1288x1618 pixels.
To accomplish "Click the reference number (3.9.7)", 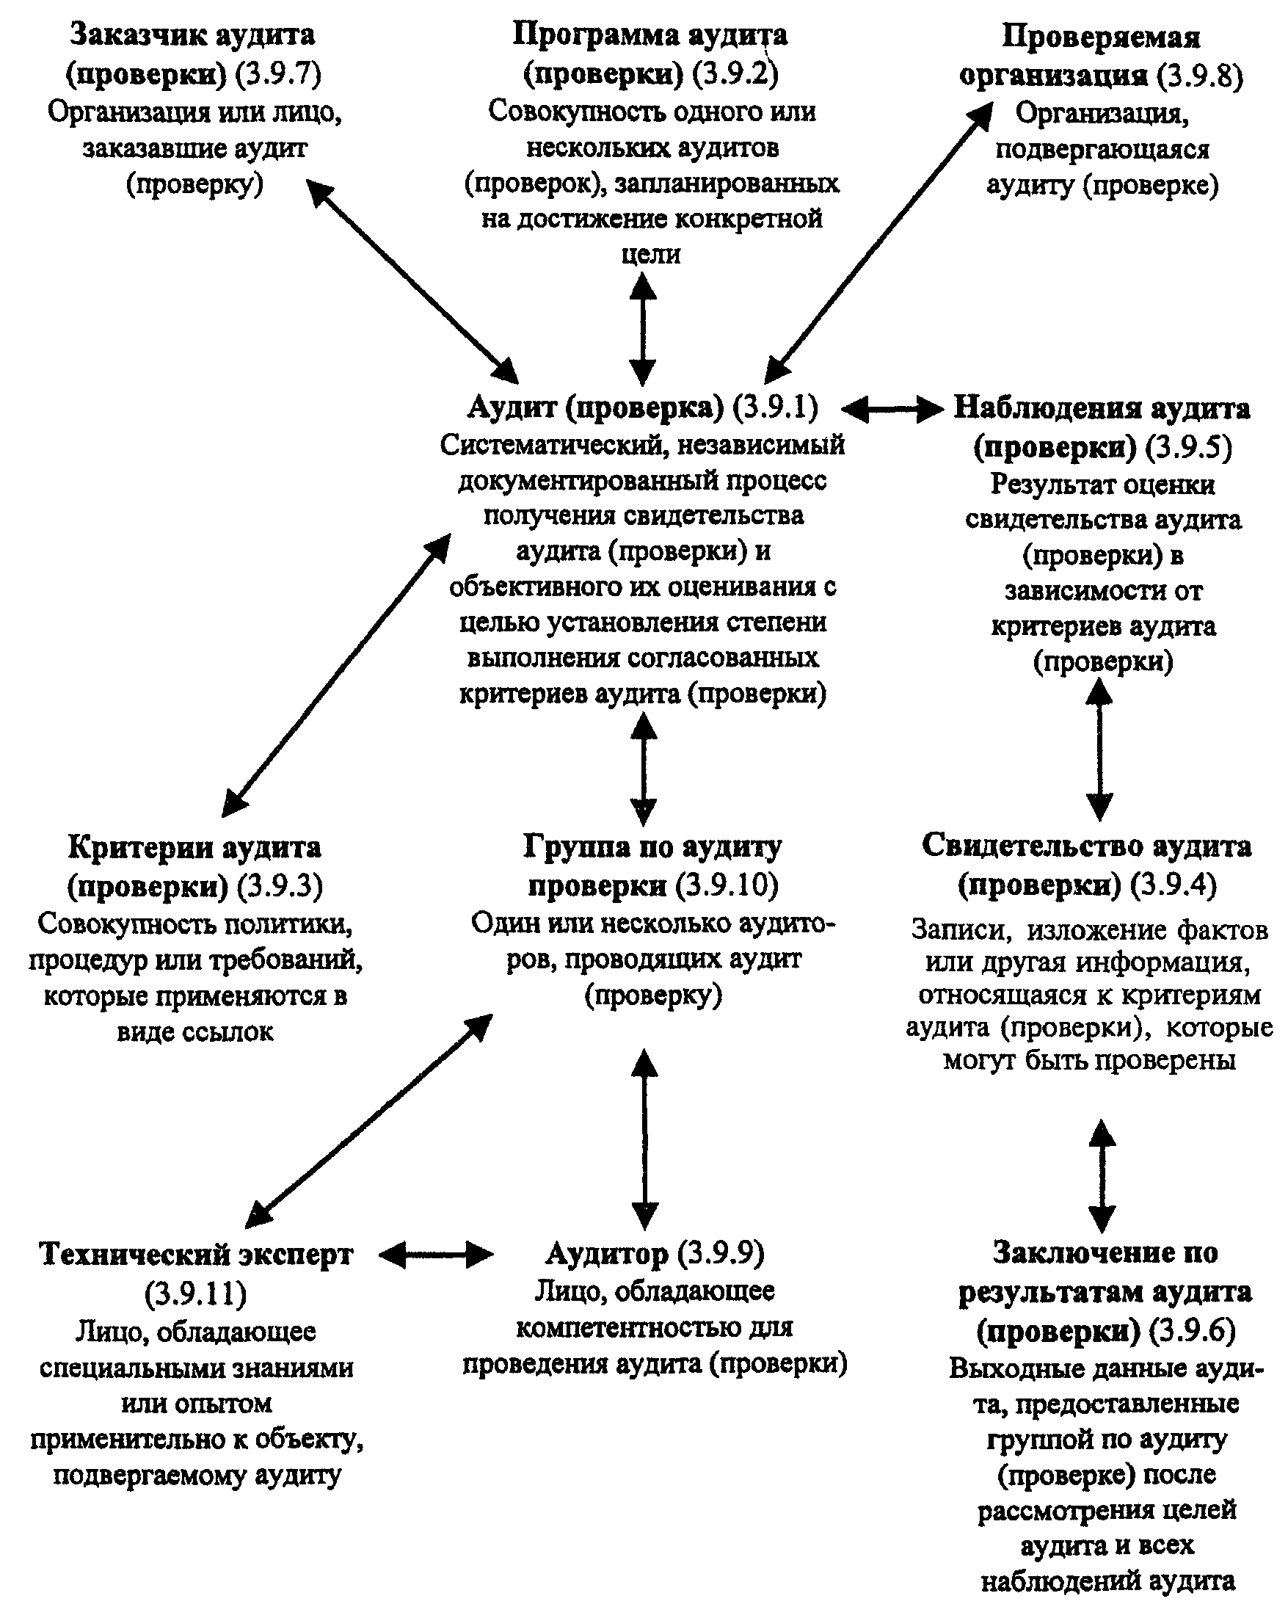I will click(278, 74).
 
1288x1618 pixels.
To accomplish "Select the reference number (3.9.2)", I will click(735, 74).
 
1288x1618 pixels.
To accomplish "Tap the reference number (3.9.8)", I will click(1199, 76).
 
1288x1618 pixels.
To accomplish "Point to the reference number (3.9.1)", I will click(776, 407).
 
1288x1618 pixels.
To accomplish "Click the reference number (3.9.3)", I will click(280, 886).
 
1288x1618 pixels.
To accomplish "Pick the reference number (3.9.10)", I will click(727, 885).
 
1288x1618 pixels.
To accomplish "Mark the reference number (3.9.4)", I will click(1174, 885).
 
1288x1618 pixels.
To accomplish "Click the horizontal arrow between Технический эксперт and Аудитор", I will click(437, 1254).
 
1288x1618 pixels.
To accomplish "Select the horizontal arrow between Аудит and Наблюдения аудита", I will click(891, 409).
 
